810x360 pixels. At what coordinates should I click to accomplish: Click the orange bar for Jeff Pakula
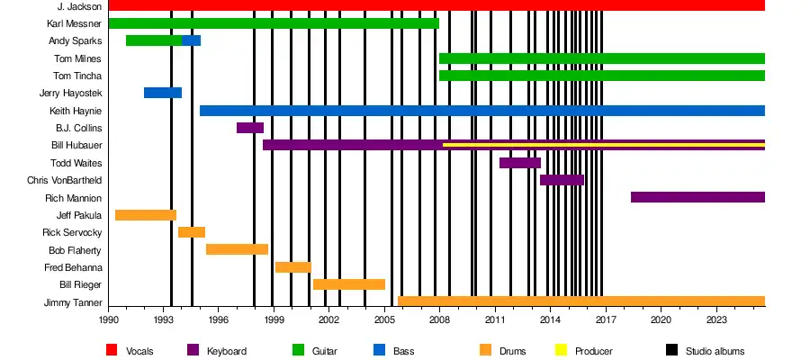point(145,215)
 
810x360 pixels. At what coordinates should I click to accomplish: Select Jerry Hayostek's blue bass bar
point(162,93)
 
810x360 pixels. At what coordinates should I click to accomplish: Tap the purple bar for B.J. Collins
point(249,128)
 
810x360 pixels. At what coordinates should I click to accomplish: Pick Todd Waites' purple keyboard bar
point(519,163)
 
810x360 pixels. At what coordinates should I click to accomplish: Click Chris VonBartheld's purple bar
point(562,180)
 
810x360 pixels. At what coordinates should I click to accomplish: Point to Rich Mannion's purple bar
point(697,197)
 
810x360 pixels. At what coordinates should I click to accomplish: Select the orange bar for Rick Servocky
point(191,232)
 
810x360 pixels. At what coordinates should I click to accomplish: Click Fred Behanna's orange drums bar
point(292,267)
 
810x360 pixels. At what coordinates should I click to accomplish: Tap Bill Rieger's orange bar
point(348,284)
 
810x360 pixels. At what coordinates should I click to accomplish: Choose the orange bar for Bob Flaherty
point(237,249)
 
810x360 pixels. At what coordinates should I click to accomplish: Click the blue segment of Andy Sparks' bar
point(191,40)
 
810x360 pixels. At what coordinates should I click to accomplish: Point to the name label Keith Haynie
point(76,111)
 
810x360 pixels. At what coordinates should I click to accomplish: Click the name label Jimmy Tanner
point(72,302)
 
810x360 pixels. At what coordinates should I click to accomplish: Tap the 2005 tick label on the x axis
point(383,319)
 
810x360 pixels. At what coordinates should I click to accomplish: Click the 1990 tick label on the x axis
point(108,319)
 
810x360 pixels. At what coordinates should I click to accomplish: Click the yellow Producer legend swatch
point(562,350)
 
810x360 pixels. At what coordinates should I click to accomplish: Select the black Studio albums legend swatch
point(672,350)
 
